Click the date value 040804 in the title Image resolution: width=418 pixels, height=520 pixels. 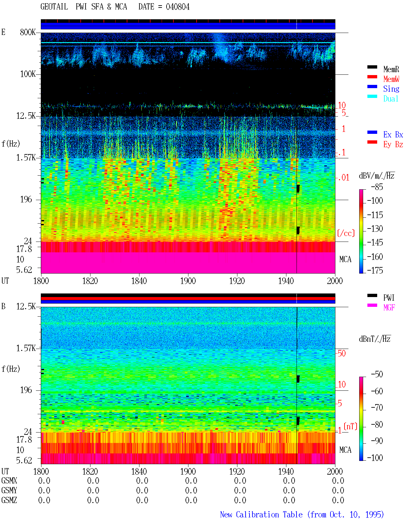177,7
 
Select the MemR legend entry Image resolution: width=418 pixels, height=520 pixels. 391,69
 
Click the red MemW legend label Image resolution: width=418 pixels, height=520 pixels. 391,79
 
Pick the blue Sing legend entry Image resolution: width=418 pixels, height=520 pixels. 391,89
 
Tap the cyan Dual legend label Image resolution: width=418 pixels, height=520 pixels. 391,99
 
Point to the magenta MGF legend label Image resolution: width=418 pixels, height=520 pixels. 389,307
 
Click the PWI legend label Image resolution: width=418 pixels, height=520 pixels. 389,297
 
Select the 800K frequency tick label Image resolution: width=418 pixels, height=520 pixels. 27,32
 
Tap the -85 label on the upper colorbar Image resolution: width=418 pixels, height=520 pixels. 377,187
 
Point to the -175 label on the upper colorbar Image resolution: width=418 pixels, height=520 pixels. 375,270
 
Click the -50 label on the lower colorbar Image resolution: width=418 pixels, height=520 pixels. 377,374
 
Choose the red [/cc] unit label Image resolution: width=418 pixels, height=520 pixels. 346,233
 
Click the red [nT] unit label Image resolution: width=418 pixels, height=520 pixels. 350,426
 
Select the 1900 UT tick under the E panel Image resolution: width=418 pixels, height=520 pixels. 188,281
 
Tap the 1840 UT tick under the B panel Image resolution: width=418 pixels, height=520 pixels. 139,471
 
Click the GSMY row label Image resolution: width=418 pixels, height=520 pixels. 9,490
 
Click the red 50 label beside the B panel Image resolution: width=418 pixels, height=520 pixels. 342,353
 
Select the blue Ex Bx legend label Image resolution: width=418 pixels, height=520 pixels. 393,134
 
